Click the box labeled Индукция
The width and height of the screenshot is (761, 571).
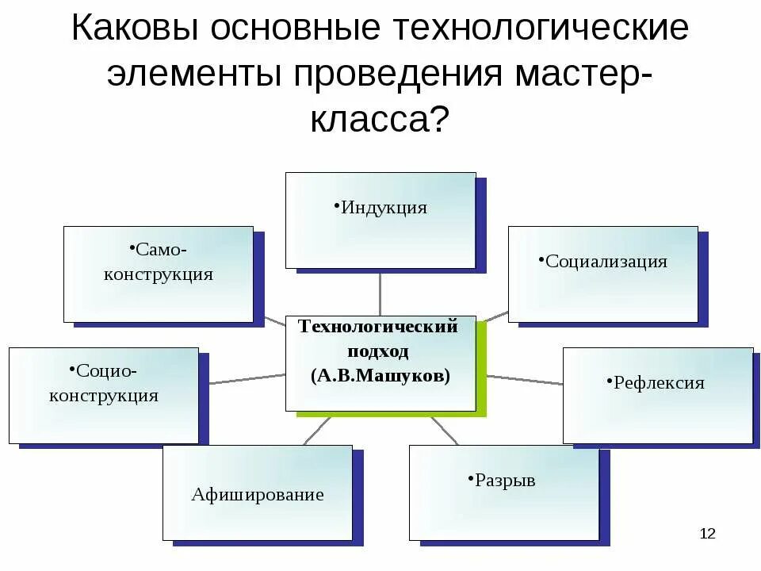(380, 220)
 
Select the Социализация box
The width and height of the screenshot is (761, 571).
(602, 274)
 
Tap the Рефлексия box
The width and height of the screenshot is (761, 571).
(658, 395)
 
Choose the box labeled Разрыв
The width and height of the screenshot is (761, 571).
(504, 492)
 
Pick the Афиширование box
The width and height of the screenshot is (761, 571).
(258, 492)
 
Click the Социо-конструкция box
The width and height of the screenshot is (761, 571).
(104, 395)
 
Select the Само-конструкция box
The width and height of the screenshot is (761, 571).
(159, 274)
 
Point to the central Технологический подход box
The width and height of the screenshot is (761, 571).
(380, 362)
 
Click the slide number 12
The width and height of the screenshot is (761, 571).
(707, 533)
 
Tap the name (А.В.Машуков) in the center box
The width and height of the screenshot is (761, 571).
(380, 375)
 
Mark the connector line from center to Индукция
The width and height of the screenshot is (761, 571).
(380, 291)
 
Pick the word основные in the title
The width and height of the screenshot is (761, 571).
(300, 29)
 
